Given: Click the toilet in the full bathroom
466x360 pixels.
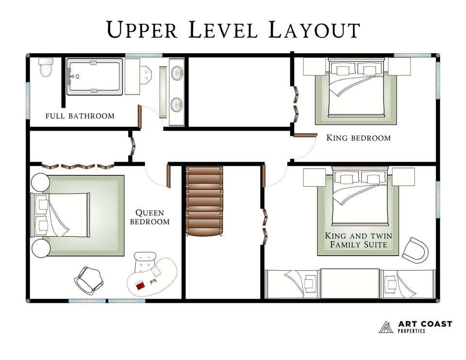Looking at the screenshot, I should [x=46, y=68].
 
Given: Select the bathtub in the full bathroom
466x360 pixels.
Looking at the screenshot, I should [x=94, y=76].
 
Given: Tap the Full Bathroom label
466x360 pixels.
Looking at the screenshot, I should [x=80, y=116].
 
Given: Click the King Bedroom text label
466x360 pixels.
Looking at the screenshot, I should [x=358, y=138].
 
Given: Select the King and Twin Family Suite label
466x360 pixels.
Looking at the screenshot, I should [x=358, y=240].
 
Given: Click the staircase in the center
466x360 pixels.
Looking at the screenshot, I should [x=204, y=201].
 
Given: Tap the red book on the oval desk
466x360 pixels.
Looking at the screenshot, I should [x=141, y=285].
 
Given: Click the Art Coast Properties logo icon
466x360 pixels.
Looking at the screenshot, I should [x=386, y=327].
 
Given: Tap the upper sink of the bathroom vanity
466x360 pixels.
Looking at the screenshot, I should [x=177, y=73].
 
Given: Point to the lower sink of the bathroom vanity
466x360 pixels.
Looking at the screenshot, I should [x=177, y=102].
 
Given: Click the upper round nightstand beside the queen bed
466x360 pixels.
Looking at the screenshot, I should [x=40, y=183].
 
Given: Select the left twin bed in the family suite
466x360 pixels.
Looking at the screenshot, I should [x=292, y=284].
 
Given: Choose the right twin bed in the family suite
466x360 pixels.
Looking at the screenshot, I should [x=407, y=284].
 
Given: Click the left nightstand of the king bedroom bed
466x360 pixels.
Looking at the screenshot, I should [x=314, y=66].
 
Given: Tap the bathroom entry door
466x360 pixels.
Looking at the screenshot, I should [x=140, y=117].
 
